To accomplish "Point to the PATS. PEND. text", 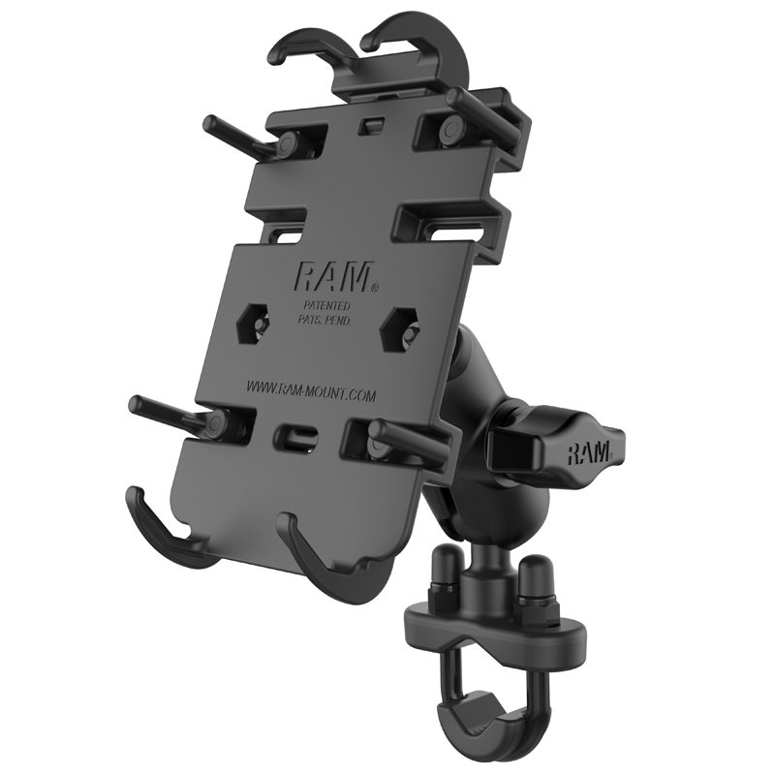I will tap(325, 320).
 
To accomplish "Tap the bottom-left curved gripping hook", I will tap(160, 533).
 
